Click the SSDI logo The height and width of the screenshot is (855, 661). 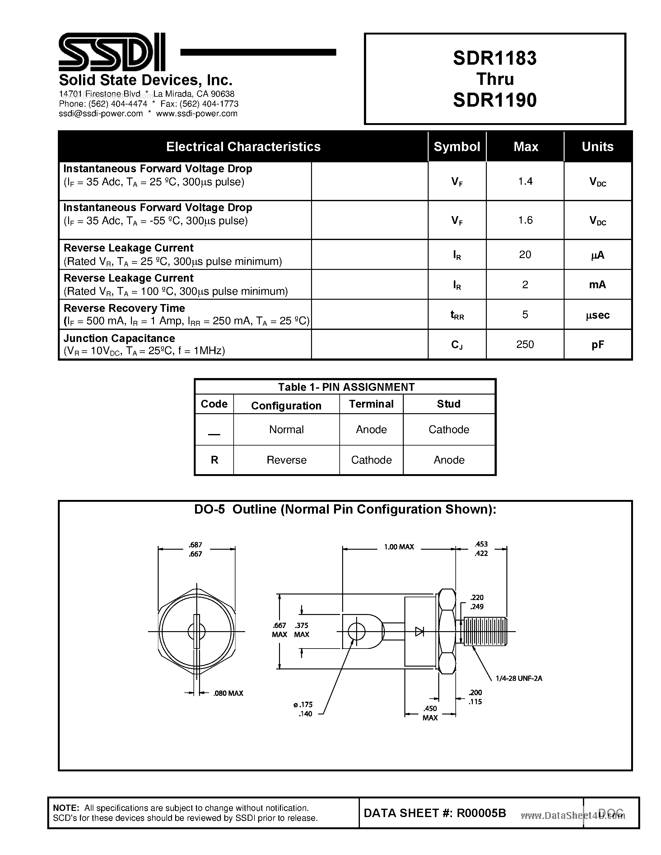click(x=112, y=52)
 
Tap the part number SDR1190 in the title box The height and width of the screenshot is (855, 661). click(x=495, y=100)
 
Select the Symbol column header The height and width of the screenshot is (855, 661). click(x=457, y=147)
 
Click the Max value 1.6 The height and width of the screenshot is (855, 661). click(x=525, y=220)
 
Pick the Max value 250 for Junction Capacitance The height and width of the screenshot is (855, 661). click(x=525, y=344)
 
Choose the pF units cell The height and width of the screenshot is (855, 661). click(x=598, y=345)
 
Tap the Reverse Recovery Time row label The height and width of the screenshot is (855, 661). click(x=124, y=308)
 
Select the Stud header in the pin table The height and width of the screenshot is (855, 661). click(x=449, y=404)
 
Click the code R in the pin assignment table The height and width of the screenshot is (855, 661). click(x=214, y=460)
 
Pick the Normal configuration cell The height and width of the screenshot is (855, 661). click(x=286, y=429)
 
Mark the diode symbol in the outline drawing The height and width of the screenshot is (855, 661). click(x=419, y=631)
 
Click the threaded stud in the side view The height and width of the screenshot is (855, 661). click(x=485, y=631)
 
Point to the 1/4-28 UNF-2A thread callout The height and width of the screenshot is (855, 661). click(x=519, y=679)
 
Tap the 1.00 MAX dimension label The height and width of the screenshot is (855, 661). click(x=399, y=547)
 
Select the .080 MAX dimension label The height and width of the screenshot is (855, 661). click(x=228, y=693)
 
